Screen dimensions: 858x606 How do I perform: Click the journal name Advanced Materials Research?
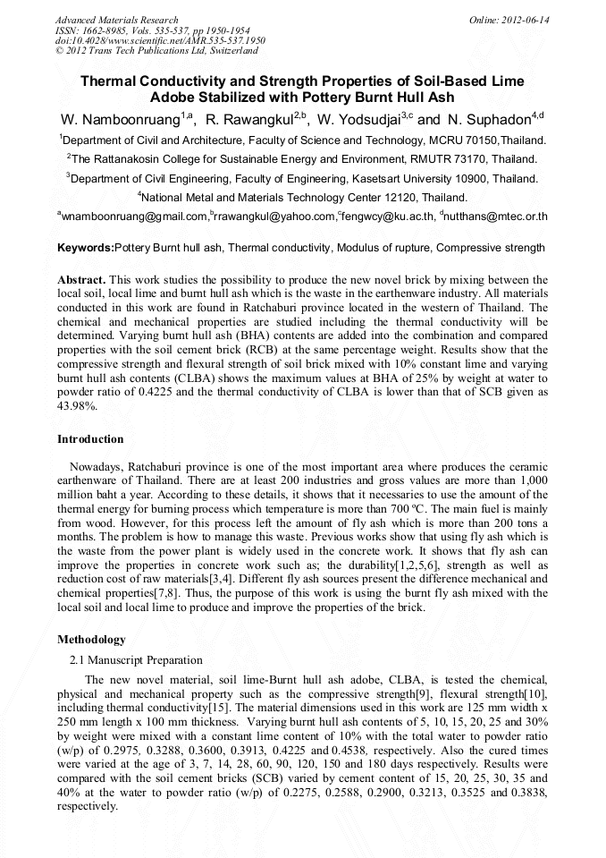(x=116, y=20)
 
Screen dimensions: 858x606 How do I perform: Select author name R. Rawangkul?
(x=251, y=120)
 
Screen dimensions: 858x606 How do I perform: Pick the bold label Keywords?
(x=86, y=248)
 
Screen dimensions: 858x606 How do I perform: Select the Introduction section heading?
(x=90, y=439)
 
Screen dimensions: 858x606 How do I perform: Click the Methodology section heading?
(x=91, y=640)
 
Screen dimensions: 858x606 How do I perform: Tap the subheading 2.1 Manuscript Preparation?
(x=136, y=660)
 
